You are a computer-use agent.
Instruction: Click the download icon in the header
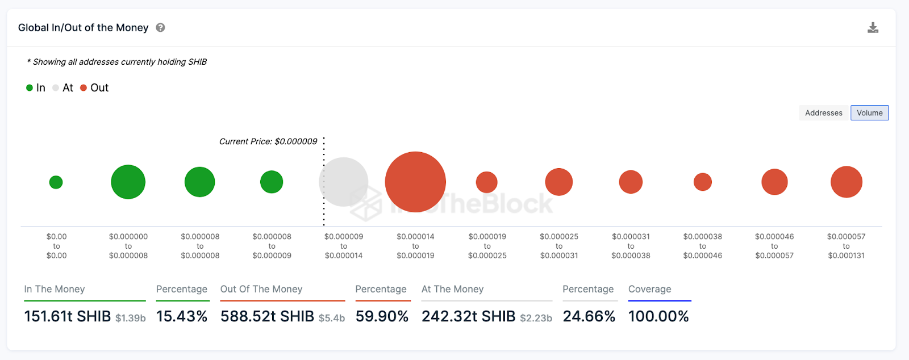[x=873, y=28]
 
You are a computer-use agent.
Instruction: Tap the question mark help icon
[x=161, y=28]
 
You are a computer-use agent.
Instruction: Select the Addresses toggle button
[x=823, y=113]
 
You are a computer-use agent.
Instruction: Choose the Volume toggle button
[x=869, y=113]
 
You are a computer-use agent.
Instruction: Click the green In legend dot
[x=30, y=88]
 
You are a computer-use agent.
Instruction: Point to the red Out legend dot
[x=84, y=88]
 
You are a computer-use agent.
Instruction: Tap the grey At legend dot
[x=56, y=88]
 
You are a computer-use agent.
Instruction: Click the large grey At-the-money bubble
[x=344, y=182]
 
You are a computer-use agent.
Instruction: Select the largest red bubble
[x=415, y=182]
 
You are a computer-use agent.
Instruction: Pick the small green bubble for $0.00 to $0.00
[x=56, y=182]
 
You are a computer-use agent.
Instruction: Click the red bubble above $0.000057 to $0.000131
[x=846, y=182]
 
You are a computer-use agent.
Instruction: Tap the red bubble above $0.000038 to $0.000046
[x=703, y=182]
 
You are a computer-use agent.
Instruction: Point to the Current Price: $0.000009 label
[x=268, y=141]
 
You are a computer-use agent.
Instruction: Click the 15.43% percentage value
[x=182, y=316]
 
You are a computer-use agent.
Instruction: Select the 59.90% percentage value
[x=382, y=316]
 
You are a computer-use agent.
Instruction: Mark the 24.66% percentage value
[x=589, y=316]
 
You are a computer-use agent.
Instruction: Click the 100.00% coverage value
[x=658, y=316]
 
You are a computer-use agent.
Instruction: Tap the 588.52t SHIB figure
[x=267, y=316]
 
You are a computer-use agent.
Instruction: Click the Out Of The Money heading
[x=261, y=289]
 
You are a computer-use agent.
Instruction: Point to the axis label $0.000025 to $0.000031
[x=559, y=246]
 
